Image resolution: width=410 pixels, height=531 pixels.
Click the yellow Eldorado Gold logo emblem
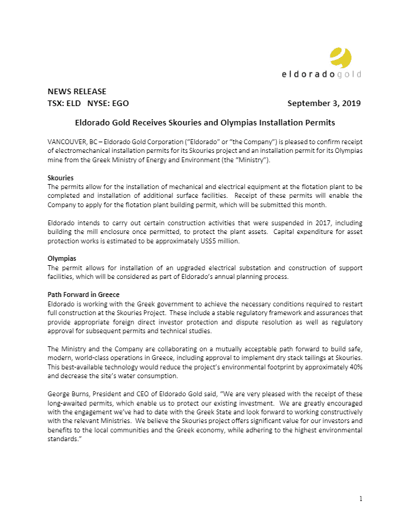point(341,57)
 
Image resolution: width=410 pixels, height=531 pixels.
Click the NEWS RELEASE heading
point(77,92)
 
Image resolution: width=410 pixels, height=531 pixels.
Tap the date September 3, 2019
point(324,103)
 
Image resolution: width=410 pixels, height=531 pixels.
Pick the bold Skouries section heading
point(60,178)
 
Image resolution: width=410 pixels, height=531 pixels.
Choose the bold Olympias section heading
point(62,258)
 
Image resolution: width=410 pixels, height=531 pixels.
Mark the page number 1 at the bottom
point(360,499)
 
